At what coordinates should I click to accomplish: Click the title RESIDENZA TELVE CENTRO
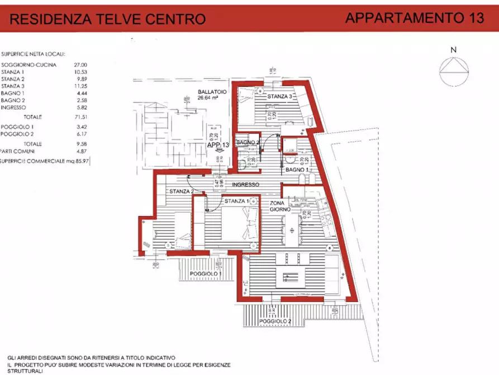108,19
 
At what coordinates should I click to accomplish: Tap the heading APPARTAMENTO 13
414,17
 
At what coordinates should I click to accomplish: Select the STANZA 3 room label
279,97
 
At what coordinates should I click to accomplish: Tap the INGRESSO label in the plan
246,185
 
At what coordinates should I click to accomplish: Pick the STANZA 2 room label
180,192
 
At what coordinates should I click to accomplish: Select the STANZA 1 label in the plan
236,201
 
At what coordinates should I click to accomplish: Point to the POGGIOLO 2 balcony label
275,321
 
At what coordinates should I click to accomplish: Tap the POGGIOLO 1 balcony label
206,274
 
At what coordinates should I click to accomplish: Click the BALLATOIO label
207,93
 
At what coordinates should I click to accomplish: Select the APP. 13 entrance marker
218,145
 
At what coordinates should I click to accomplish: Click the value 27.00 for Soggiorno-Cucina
80,65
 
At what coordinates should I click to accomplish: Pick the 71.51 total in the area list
80,118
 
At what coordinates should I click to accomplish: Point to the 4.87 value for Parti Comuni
80,151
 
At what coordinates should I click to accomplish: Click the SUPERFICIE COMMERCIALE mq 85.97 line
45,161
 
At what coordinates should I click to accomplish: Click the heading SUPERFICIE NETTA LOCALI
34,54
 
